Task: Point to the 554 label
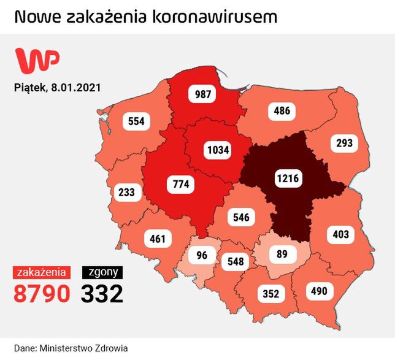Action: [137, 121]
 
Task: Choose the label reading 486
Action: [282, 111]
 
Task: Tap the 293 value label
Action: [344, 143]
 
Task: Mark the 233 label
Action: [126, 193]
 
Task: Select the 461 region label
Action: [158, 238]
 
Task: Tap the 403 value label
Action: [340, 234]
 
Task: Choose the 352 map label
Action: [270, 293]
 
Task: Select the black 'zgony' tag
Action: [102, 272]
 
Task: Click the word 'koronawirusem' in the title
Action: [218, 16]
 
